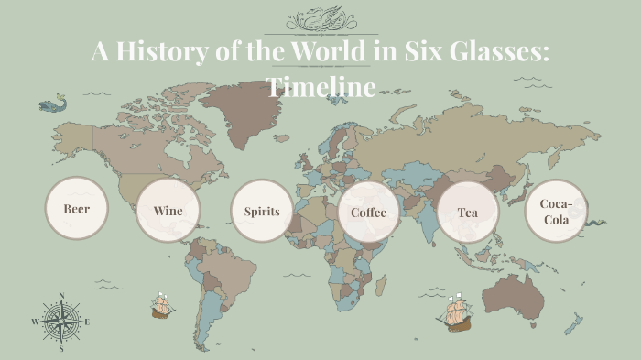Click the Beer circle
76,208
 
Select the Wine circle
168,211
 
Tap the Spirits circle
262,212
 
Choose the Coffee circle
369,213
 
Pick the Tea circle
468,213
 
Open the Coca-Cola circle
556,212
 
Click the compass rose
61,322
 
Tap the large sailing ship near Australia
455,313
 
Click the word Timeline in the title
320,87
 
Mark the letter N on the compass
61,295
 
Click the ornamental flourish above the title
320,19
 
